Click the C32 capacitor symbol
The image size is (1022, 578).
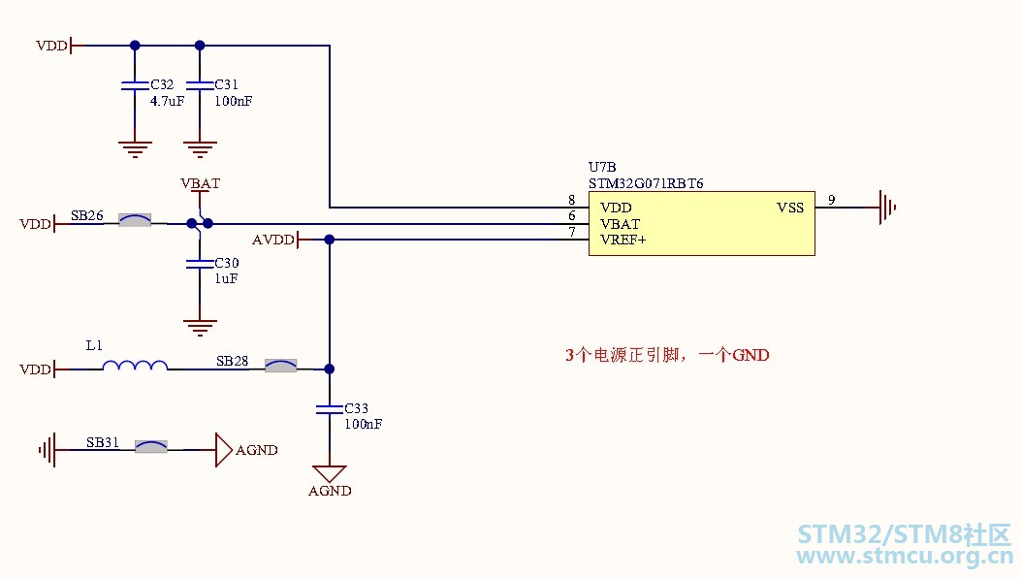(135, 85)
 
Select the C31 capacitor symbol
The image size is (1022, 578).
(200, 85)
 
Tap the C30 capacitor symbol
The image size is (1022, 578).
(200, 263)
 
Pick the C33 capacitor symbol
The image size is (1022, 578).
(329, 408)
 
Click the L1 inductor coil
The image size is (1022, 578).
(135, 366)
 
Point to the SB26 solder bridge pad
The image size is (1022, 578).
(135, 220)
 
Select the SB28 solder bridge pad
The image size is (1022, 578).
(281, 366)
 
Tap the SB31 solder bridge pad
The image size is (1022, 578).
(151, 446)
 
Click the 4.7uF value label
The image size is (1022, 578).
(168, 101)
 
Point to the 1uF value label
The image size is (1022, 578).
(226, 279)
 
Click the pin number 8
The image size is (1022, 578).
(572, 200)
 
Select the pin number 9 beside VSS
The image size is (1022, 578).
(832, 200)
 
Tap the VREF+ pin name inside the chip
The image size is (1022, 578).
(623, 240)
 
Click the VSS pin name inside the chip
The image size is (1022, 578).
(790, 208)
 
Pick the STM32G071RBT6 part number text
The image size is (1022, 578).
(646, 183)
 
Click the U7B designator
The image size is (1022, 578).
(602, 168)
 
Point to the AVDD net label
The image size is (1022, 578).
(273, 240)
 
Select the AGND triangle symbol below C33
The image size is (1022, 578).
(329, 473)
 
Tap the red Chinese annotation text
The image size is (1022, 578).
(667, 355)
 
